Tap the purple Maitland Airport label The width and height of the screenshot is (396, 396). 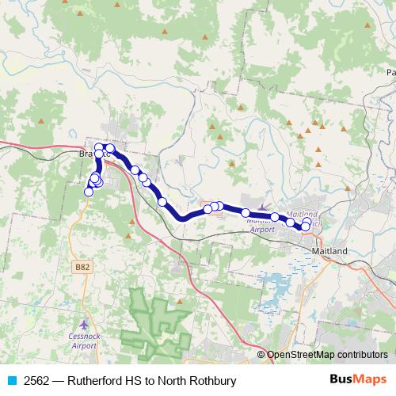[261, 224]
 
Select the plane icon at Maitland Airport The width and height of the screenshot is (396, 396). [263, 208]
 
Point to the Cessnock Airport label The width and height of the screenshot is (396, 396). [85, 341]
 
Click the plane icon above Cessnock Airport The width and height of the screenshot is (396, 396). [85, 325]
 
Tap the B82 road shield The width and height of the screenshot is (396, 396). [82, 268]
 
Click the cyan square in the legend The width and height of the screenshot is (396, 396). [11, 380]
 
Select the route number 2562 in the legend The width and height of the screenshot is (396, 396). [36, 380]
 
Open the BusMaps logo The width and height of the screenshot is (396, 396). [358, 379]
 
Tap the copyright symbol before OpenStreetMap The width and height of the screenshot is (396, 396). [261, 355]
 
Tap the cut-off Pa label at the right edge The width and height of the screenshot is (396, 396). [390, 72]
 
